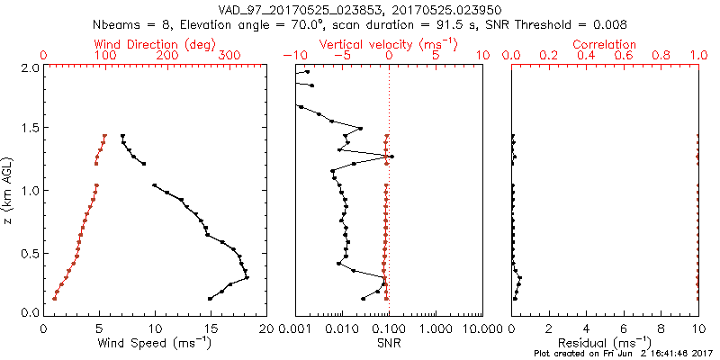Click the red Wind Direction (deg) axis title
pos(154,44)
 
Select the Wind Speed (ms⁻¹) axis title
pos(154,343)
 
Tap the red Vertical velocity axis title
pos(389,44)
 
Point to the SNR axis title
pos(389,343)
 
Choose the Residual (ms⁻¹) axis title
pos(605,343)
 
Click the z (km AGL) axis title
pos(8,190)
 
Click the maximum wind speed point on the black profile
pos(247,277)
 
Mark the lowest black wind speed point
pos(210,299)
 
